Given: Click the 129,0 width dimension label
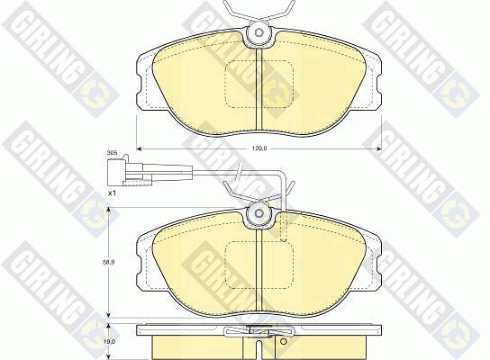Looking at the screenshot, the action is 259,148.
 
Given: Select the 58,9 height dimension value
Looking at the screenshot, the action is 109,263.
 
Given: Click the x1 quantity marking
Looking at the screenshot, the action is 112,193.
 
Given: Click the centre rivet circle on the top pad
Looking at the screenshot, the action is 259,32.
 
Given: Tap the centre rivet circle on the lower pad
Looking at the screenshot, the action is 259,213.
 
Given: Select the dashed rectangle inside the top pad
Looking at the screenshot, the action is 259,85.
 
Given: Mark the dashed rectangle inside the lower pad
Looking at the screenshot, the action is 259,265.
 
